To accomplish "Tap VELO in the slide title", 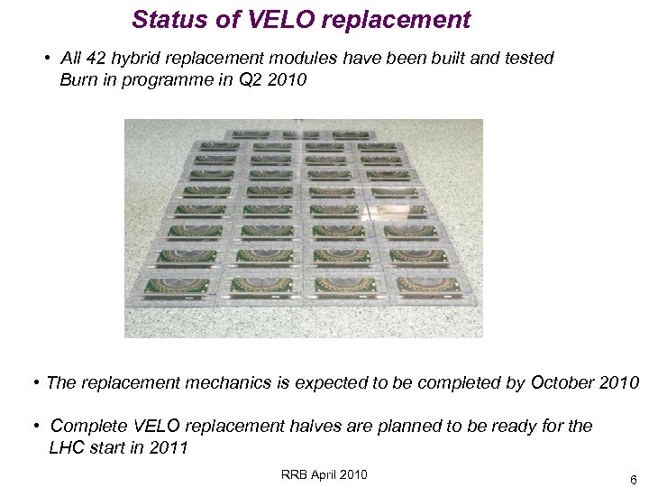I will pyautogui.click(x=273, y=19).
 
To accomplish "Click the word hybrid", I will pyautogui.click(x=132, y=59).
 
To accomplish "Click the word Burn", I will pyautogui.click(x=78, y=79).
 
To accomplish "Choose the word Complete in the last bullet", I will pyautogui.click(x=89, y=426).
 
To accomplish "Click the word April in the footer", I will pyautogui.click(x=326, y=474).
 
